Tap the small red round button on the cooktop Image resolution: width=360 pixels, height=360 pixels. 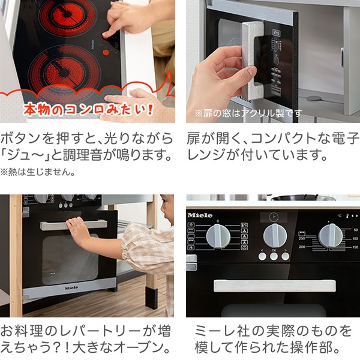(106, 52)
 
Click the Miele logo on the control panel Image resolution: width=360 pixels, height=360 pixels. (200, 215)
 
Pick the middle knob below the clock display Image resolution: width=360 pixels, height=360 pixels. (273, 235)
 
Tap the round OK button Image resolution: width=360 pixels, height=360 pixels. (273, 256)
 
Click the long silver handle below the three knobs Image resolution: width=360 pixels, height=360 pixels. (273, 285)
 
